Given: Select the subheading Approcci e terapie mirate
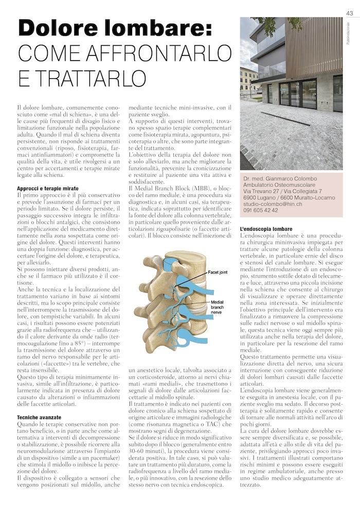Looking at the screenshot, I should pyautogui.click(x=47, y=189).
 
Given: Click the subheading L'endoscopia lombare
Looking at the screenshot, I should pyautogui.click(x=266, y=228).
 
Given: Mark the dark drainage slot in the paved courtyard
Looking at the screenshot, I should pyautogui.click(x=283, y=116).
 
